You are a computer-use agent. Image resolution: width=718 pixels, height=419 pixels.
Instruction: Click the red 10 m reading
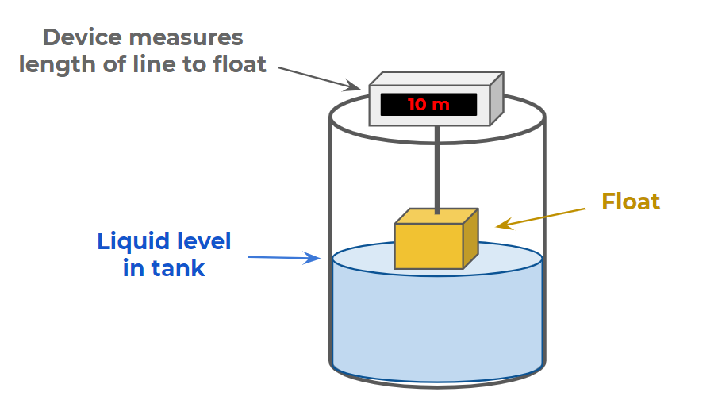[x=428, y=105]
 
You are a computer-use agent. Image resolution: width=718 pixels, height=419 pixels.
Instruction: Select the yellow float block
[x=428, y=245]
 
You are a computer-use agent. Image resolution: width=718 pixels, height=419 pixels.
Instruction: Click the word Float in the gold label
[x=631, y=202]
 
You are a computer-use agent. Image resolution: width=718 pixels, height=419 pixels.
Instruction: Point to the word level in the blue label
[x=198, y=241]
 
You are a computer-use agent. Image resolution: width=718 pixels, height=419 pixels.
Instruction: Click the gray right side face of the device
[x=497, y=98]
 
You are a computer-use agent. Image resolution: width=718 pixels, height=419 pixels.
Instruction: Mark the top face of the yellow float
[x=436, y=217]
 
